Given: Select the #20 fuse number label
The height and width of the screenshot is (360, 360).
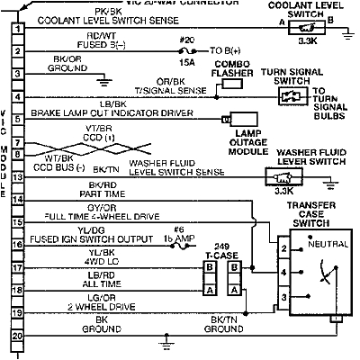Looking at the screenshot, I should (187, 40).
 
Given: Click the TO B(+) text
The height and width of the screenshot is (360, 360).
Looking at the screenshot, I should (228, 51).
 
